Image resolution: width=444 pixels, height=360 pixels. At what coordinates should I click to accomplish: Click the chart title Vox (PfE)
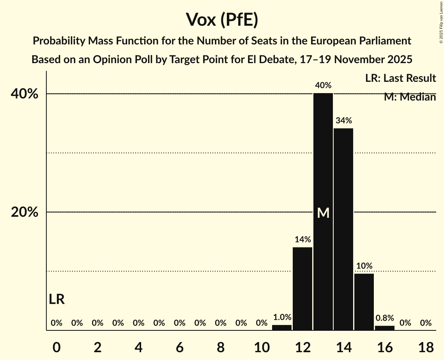tap(222, 19)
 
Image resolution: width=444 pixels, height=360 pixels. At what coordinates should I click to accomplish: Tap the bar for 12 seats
tap(302, 288)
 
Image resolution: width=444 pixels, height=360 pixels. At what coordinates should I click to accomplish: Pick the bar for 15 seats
tap(364, 302)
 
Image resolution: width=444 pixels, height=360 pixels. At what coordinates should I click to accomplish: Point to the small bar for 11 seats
tap(282, 328)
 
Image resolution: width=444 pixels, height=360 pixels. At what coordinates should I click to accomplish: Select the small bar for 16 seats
tap(385, 328)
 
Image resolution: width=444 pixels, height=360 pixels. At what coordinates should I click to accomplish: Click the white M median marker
tap(323, 213)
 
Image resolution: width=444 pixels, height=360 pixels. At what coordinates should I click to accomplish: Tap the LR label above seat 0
tap(57, 299)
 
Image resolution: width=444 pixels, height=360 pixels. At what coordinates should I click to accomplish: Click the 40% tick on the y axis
tap(27, 94)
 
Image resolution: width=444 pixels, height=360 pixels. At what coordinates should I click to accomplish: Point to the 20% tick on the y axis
tap(27, 212)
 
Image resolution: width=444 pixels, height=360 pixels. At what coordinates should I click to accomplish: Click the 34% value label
tap(343, 121)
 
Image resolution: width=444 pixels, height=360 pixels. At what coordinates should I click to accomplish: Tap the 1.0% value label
tap(282, 318)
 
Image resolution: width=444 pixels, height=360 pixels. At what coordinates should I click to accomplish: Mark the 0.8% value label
tap(385, 318)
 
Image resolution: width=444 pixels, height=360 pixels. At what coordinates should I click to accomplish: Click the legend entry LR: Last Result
tap(400, 78)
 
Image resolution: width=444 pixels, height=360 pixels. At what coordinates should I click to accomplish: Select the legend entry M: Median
tap(410, 97)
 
